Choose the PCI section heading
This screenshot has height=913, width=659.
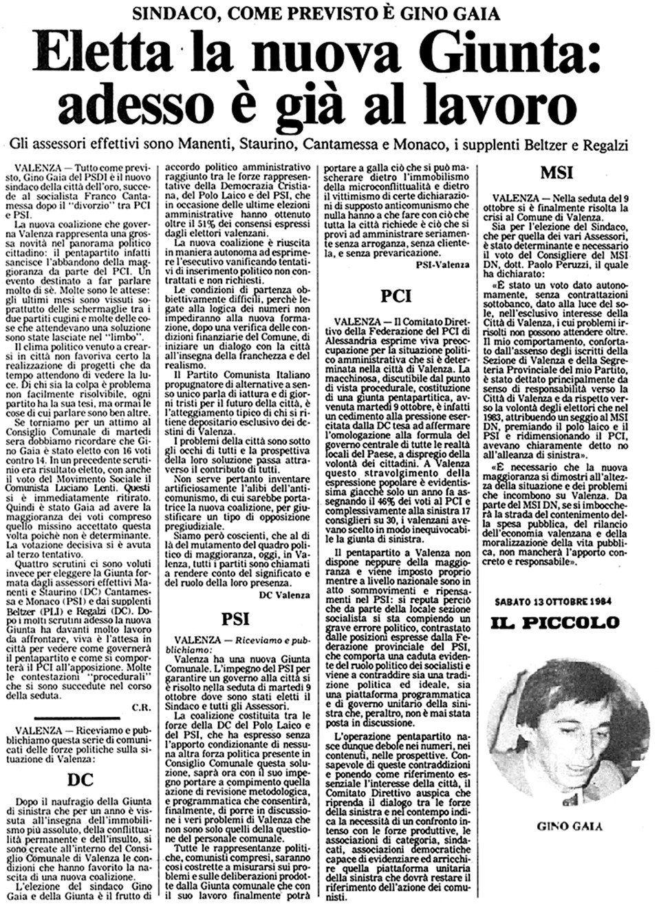tap(397, 296)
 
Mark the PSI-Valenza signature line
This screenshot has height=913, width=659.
tap(443, 264)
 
